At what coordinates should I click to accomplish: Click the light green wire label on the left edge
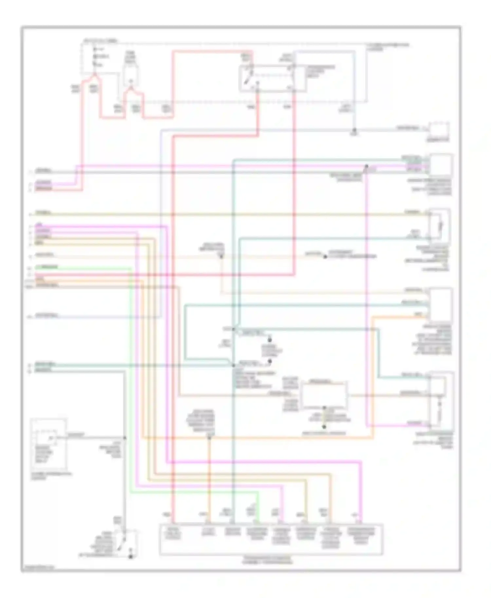(46, 267)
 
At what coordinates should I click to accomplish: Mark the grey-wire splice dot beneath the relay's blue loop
(354, 130)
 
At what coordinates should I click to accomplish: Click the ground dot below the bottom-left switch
(130, 556)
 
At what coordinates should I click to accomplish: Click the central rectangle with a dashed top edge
(324, 395)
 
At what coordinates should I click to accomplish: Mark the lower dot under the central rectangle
(324, 427)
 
